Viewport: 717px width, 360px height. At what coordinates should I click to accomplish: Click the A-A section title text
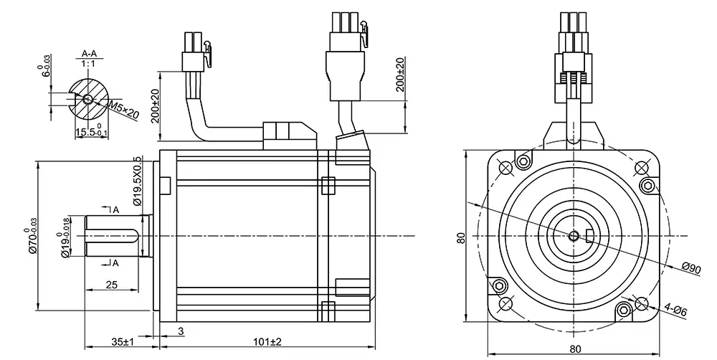90,54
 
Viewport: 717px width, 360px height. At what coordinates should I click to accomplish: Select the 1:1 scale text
90,64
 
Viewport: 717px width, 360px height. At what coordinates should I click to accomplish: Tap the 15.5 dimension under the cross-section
89,133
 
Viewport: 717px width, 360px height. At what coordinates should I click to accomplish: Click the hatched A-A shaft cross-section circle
87,99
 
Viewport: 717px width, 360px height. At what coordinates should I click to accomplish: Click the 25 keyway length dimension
111,285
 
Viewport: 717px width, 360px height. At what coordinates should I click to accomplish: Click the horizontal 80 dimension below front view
575,349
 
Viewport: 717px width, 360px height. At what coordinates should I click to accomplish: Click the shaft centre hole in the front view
574,236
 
